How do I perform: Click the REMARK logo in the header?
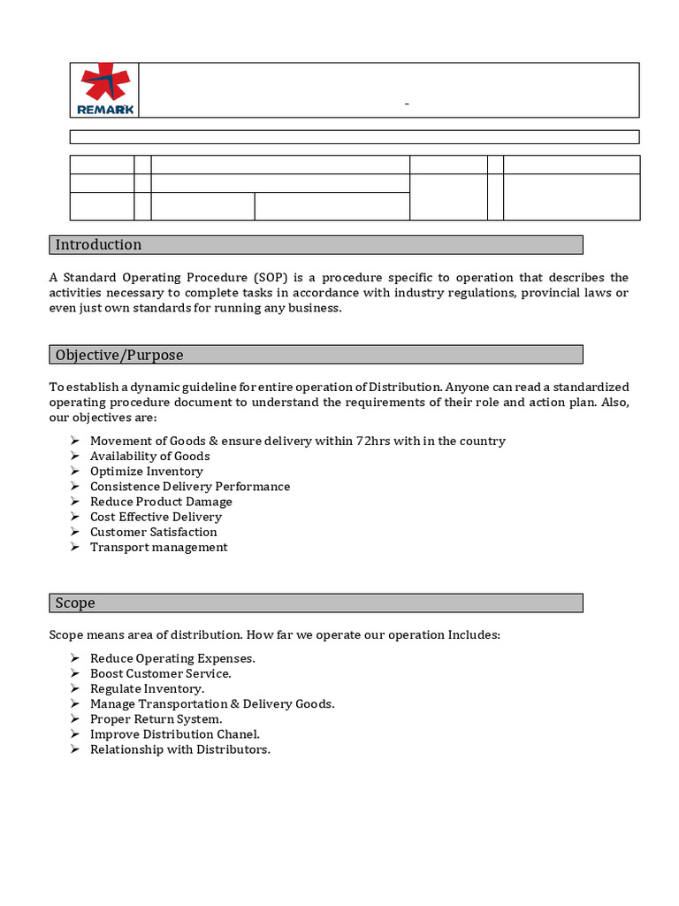pyautogui.click(x=105, y=89)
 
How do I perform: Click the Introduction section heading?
pyautogui.click(x=98, y=244)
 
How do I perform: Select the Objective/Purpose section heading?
pyautogui.click(x=119, y=355)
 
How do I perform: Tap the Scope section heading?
pyautogui.click(x=75, y=603)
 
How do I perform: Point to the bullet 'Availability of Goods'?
pyautogui.click(x=149, y=456)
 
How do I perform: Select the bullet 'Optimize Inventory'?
pyautogui.click(x=146, y=471)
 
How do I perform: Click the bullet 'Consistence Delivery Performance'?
pyautogui.click(x=189, y=486)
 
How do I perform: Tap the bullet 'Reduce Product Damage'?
pyautogui.click(x=161, y=502)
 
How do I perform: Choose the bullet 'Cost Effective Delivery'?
pyautogui.click(x=156, y=517)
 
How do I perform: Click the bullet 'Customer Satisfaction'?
pyautogui.click(x=153, y=532)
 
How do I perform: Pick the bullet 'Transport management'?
pyautogui.click(x=158, y=547)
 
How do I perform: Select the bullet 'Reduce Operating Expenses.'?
pyautogui.click(x=172, y=658)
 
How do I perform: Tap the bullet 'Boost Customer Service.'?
pyautogui.click(x=160, y=673)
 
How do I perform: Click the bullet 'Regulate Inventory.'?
pyautogui.click(x=147, y=688)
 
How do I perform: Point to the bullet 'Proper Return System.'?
pyautogui.click(x=156, y=718)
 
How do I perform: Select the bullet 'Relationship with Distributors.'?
pyautogui.click(x=179, y=749)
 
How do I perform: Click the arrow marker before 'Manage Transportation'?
pyautogui.click(x=75, y=703)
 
